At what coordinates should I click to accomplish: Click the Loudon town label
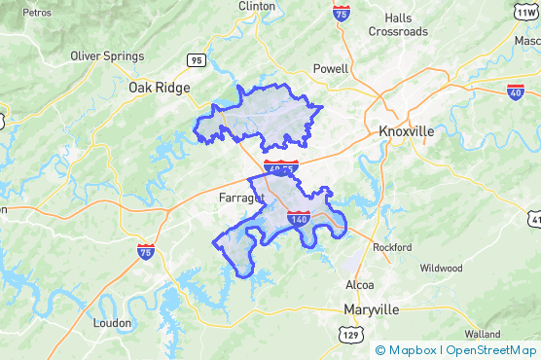coord(111,322)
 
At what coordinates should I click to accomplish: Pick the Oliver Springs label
coord(107,55)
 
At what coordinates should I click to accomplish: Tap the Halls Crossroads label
coord(397,24)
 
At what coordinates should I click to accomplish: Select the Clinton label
coord(256,6)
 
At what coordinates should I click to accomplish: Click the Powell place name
coord(331,69)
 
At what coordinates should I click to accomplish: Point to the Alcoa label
coord(360,285)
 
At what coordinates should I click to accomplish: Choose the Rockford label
coord(392,247)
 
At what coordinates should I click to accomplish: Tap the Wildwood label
coord(441,268)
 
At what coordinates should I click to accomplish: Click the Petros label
coord(37,13)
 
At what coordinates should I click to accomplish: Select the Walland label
coord(483,334)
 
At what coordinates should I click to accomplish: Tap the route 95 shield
coord(198,60)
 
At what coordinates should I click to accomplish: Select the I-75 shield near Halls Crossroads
coord(341,13)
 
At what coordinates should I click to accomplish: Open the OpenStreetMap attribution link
coord(493,350)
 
